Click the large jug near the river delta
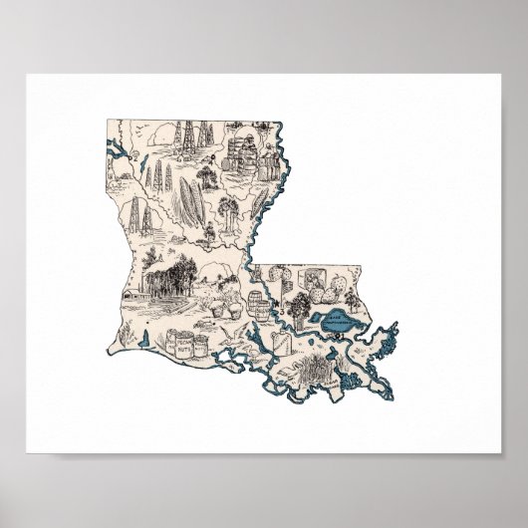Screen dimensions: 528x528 287,346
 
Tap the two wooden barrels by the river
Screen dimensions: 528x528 256,302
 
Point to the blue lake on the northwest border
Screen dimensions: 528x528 118,155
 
